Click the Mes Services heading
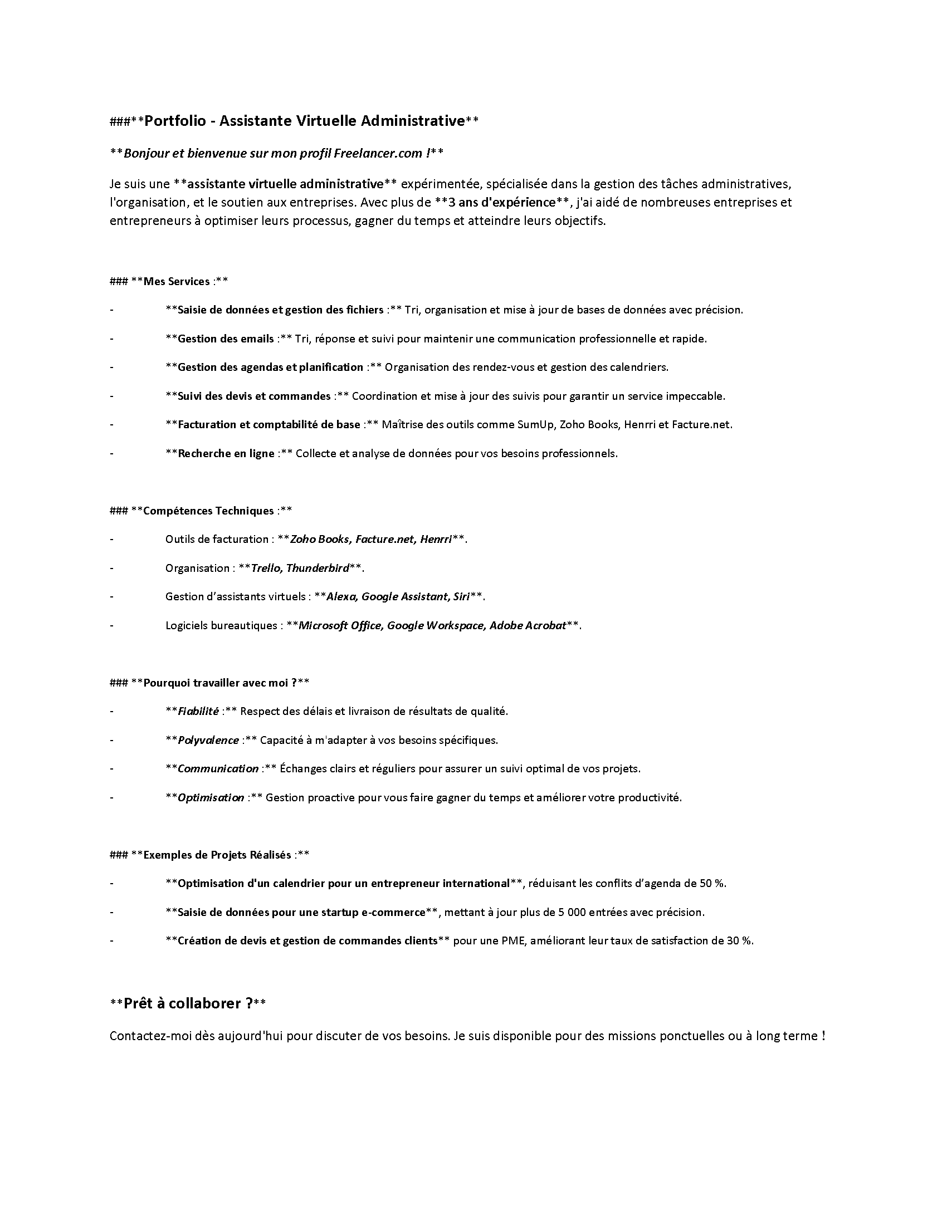pos(176,282)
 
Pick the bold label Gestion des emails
pos(226,339)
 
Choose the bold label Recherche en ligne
pos(226,453)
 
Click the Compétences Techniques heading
pos(208,511)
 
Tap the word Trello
pos(266,568)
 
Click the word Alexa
pos(341,597)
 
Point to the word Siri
pos(461,597)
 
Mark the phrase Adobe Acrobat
pos(528,625)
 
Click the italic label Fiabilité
pos(198,711)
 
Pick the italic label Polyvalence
pos(208,741)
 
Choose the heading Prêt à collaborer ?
pos(187,1003)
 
